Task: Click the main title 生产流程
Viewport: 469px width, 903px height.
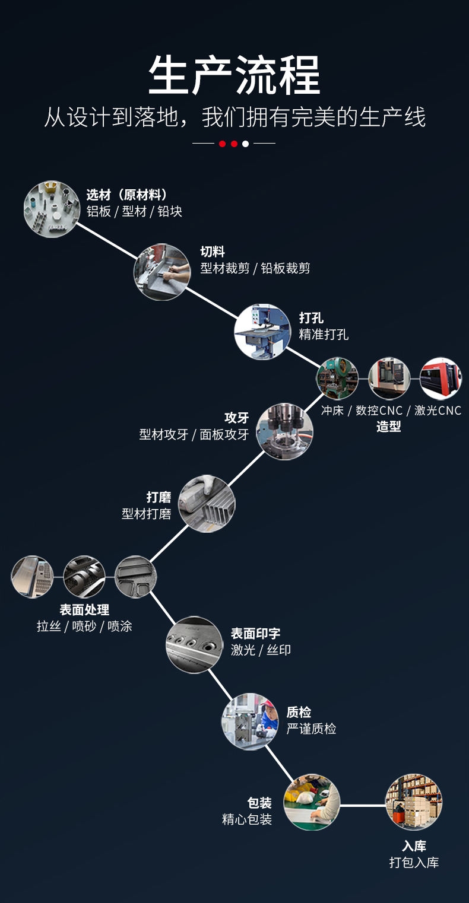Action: point(235,75)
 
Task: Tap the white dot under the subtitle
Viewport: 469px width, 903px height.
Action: point(245,144)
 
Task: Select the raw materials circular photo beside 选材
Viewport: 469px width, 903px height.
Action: point(52,209)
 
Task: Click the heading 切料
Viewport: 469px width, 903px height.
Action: point(213,252)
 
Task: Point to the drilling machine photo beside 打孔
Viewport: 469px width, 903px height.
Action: point(262,332)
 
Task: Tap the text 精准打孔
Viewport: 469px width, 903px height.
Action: point(324,334)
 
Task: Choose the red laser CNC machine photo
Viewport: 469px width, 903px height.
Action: point(441,378)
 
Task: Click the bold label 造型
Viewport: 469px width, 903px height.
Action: point(388,426)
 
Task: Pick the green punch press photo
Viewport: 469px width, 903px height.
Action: point(337,378)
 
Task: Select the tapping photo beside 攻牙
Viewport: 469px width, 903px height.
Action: point(285,431)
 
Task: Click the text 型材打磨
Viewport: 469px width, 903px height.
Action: point(147,514)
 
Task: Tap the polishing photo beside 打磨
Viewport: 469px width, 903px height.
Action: point(207,503)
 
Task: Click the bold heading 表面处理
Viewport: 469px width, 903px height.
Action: point(84,609)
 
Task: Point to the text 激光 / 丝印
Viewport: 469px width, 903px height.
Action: point(261,650)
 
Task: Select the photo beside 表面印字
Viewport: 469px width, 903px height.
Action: point(194,644)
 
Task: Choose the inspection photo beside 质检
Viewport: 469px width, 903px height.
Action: point(250,721)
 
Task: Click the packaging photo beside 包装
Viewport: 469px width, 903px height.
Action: point(312,802)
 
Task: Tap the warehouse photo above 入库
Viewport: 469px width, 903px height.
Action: point(414,802)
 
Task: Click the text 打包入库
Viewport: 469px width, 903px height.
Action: point(414,862)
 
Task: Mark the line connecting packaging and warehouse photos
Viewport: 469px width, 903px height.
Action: point(363,806)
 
